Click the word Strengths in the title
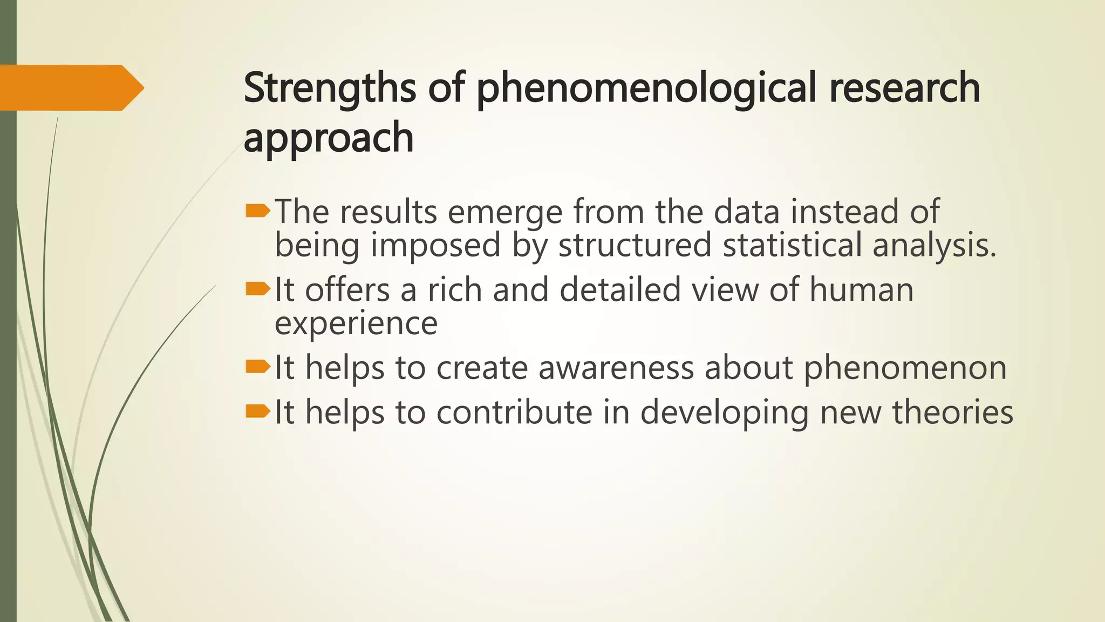coord(329,88)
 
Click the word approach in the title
coord(328,138)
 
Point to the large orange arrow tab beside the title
coord(70,87)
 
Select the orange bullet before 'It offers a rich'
coord(257,290)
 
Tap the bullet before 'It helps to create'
coord(257,368)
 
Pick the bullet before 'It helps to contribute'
coord(257,412)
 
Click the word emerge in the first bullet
coord(505,212)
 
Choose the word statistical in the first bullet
coord(792,245)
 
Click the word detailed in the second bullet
coord(620,290)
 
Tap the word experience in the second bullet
coord(356,324)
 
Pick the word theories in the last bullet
coord(952,413)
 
